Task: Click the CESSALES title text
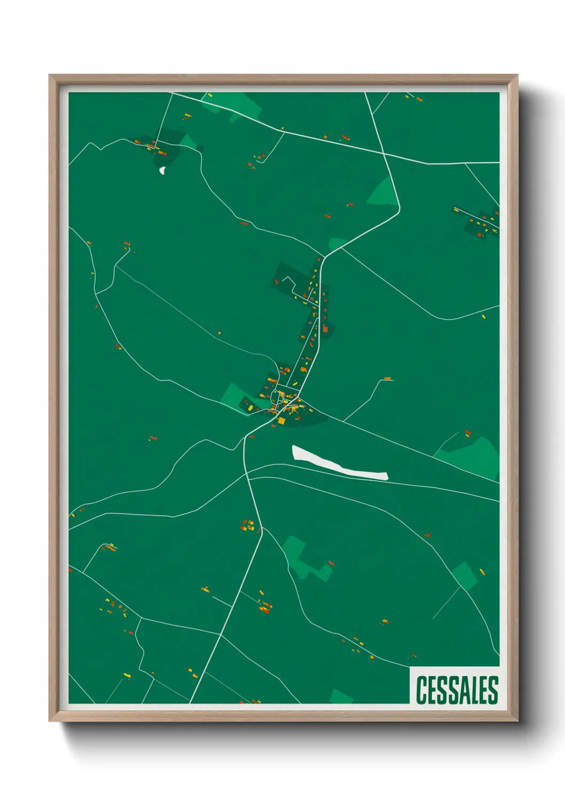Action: [x=457, y=690]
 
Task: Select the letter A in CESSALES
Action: [x=465, y=690]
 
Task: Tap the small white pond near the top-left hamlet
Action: [x=162, y=170]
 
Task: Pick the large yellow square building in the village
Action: [x=281, y=421]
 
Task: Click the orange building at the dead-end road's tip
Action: [x=388, y=379]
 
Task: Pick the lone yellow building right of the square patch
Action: [x=482, y=572]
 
